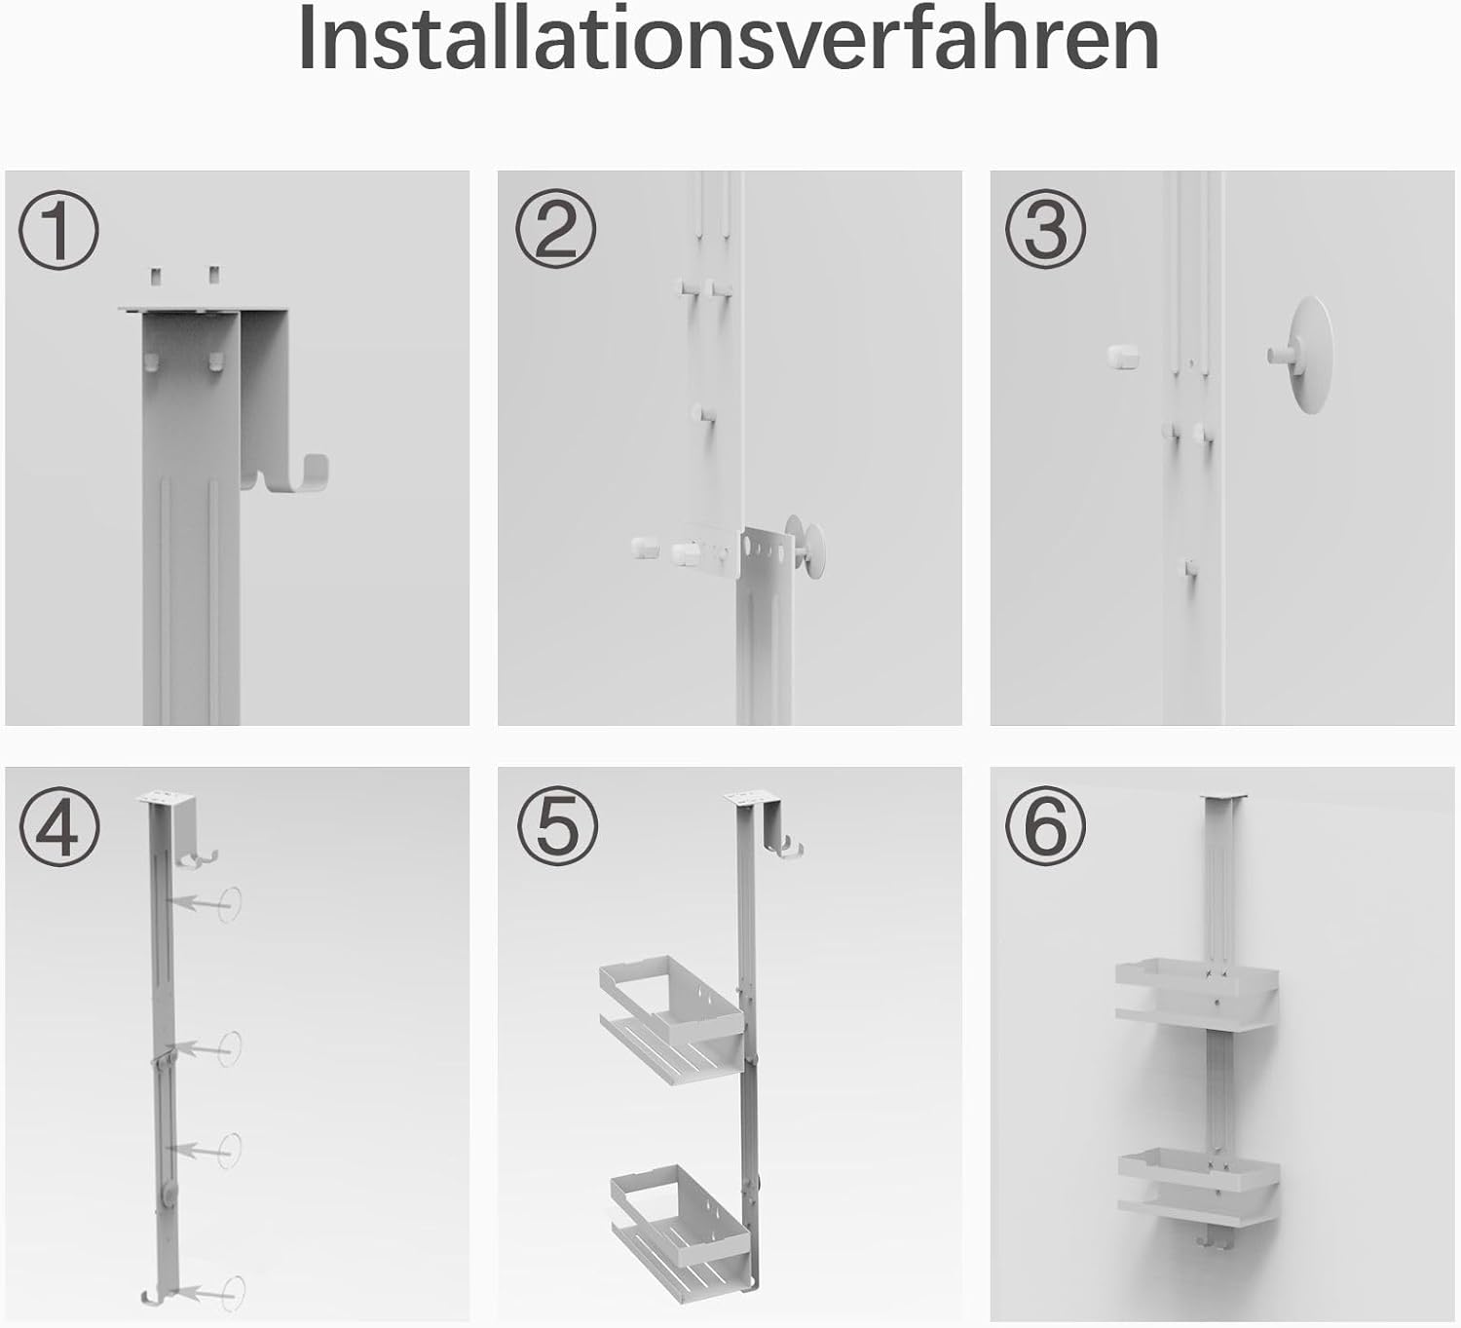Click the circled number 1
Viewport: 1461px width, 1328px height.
58,230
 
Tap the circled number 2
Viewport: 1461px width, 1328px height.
556,230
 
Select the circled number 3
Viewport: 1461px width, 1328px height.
1046,230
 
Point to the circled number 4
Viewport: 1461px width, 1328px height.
59,826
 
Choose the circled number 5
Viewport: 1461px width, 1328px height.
557,826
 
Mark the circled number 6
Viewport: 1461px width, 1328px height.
1046,826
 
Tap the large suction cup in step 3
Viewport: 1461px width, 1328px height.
1302,355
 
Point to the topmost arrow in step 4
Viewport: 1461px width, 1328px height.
200,904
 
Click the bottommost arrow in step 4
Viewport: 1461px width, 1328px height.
204,1293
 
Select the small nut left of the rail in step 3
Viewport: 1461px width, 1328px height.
1122,357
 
